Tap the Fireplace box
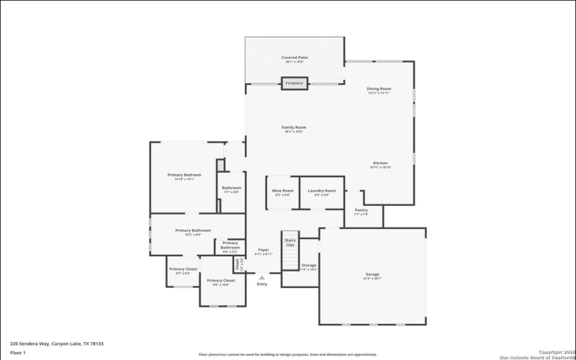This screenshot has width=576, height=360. point(294,84)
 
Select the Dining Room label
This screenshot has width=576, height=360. point(379,90)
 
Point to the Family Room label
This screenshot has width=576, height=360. point(294,129)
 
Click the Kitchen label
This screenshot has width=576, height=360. point(380,164)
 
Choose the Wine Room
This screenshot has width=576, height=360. point(282,192)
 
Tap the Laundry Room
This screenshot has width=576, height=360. point(322,192)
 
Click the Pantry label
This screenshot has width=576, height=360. point(361,212)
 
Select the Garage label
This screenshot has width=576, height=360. point(372,276)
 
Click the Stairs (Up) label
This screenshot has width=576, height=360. point(290,243)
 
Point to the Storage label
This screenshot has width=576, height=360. point(309,267)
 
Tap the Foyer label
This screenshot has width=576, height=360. point(264,251)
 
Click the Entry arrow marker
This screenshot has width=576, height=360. point(262,277)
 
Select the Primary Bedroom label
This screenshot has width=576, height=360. point(184,176)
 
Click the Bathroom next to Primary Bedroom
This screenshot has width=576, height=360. point(232,189)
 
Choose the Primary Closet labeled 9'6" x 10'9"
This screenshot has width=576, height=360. point(221,282)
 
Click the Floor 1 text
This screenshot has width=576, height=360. point(18,353)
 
